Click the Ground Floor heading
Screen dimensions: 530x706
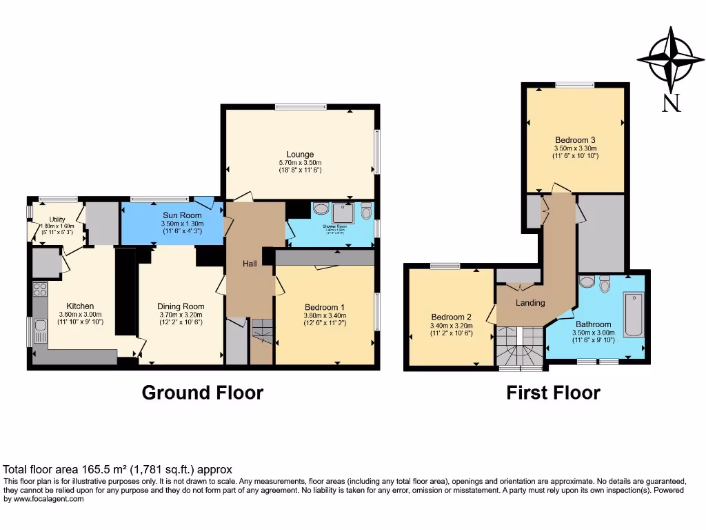coord(202,393)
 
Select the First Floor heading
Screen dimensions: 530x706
coord(553,393)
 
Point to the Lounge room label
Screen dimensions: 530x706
coord(300,154)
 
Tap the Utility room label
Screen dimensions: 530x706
coord(57,219)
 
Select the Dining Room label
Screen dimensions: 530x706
coord(181,306)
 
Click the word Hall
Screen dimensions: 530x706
coord(250,264)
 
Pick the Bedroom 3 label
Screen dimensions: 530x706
coord(574,139)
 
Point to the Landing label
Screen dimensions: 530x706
coord(530,303)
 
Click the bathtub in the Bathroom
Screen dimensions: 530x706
coord(633,315)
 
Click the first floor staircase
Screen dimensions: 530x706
coord(520,347)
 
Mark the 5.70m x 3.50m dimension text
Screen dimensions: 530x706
coord(300,162)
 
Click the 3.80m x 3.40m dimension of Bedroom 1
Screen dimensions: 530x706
coord(324,315)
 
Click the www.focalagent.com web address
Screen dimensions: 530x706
coord(44,498)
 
